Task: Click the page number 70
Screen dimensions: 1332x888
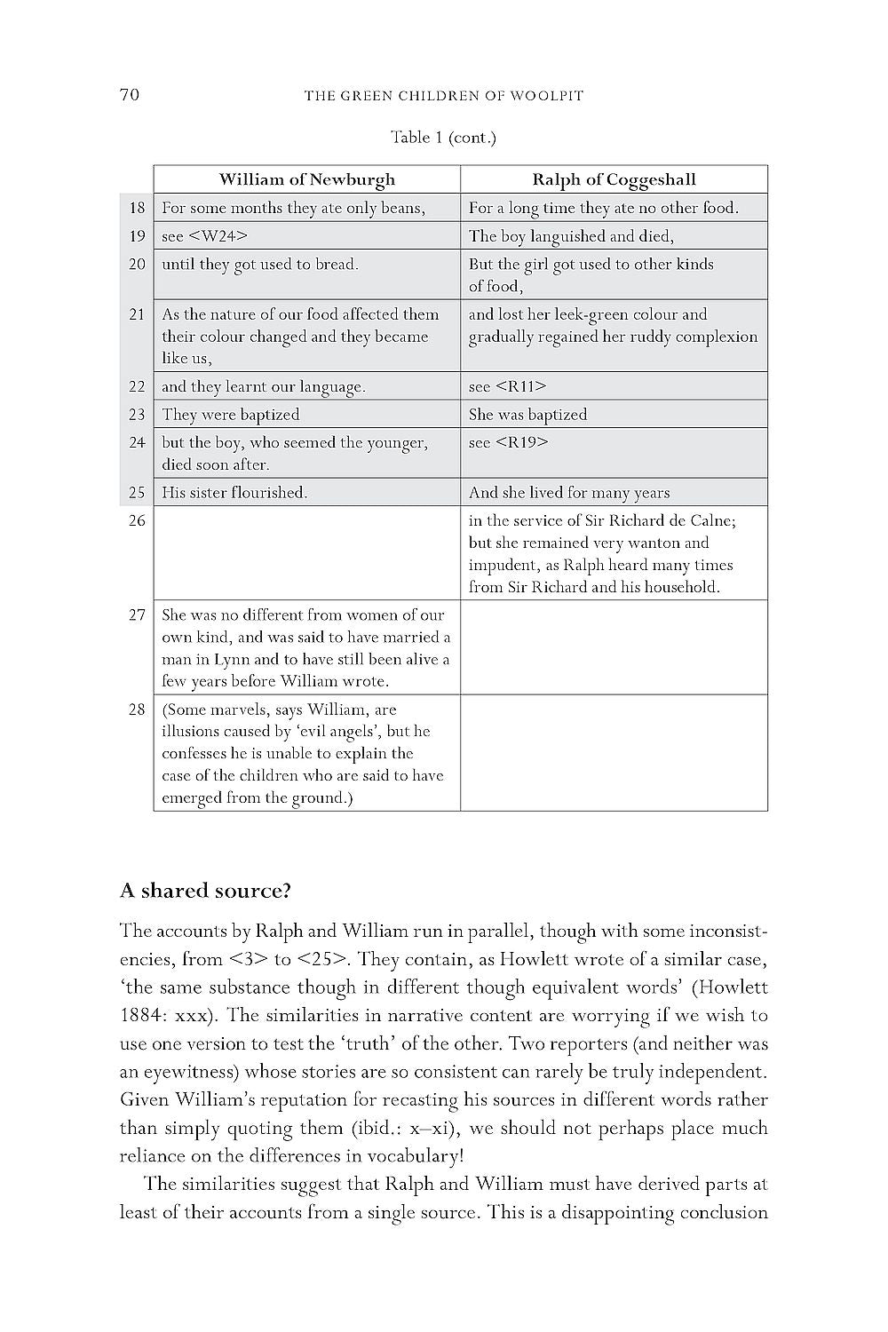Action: point(130,95)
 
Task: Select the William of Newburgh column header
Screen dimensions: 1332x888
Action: point(306,179)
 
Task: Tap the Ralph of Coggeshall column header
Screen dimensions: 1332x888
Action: point(614,179)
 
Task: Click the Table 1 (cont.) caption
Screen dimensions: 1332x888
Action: point(443,138)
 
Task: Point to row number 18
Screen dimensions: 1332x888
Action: point(137,208)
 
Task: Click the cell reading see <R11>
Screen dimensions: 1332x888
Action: point(507,386)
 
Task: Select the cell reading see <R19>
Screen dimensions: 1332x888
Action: point(508,442)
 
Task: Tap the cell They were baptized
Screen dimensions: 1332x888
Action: point(231,415)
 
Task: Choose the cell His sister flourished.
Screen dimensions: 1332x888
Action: point(234,493)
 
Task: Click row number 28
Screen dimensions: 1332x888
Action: point(137,710)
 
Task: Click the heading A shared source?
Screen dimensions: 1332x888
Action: point(206,891)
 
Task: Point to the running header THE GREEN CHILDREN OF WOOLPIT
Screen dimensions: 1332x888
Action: point(444,96)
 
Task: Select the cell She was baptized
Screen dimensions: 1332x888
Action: point(527,415)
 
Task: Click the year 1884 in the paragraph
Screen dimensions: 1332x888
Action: point(140,1015)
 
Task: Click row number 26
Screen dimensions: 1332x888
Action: point(137,520)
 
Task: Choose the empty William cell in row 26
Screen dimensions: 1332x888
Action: point(306,553)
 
